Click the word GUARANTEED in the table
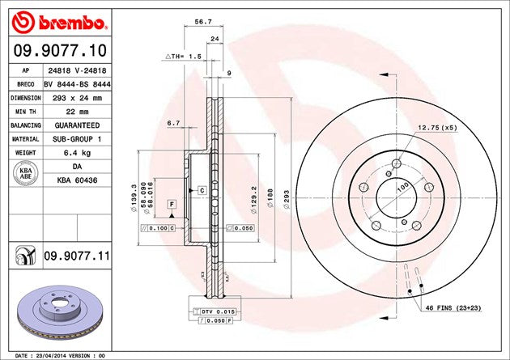pyautogui.click(x=78, y=125)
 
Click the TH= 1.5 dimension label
pyautogui.click(x=182, y=57)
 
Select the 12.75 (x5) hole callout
pyautogui.click(x=437, y=127)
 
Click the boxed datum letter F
pyautogui.click(x=172, y=204)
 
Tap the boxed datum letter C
pyautogui.click(x=201, y=190)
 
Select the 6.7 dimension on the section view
pyautogui.click(x=172, y=123)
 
